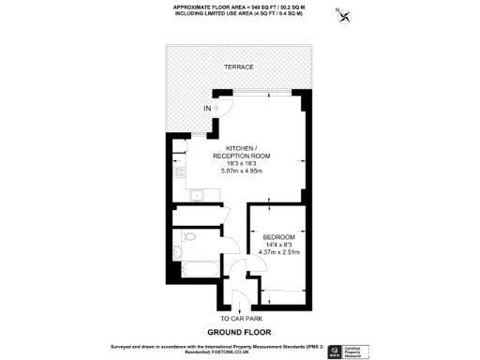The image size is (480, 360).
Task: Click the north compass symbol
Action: pos(345,16)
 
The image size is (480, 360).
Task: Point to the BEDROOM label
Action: pos(278,236)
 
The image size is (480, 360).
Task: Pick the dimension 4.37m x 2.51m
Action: pos(278,251)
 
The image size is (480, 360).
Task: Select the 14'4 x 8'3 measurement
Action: pos(278,244)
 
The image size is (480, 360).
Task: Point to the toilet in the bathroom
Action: pos(189,240)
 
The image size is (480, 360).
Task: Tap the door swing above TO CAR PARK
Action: pos(239,302)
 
